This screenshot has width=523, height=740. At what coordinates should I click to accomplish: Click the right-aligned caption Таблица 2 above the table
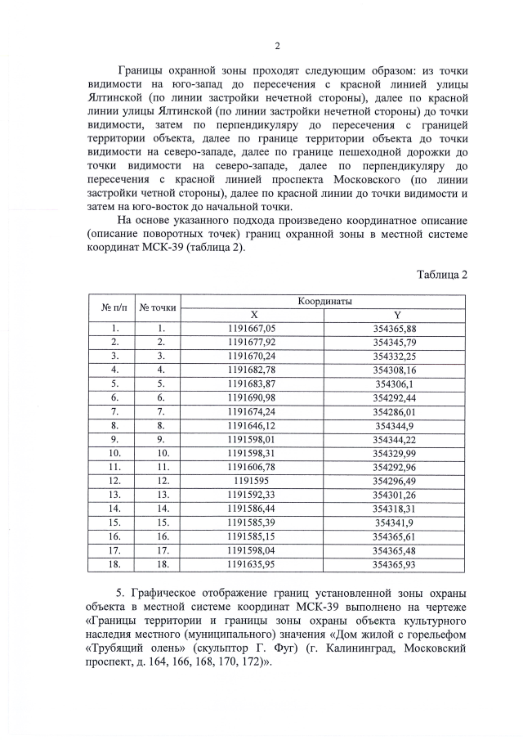[441, 274]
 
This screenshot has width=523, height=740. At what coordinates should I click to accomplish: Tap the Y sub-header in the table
[396, 315]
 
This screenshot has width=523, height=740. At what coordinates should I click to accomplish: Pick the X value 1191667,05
[253, 329]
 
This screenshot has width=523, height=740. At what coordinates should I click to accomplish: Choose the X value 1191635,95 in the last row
[253, 563]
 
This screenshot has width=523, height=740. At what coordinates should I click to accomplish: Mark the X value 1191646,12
[253, 426]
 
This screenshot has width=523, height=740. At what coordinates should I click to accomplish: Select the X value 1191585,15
[253, 536]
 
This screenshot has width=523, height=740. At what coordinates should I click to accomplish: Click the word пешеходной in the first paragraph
[391, 152]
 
